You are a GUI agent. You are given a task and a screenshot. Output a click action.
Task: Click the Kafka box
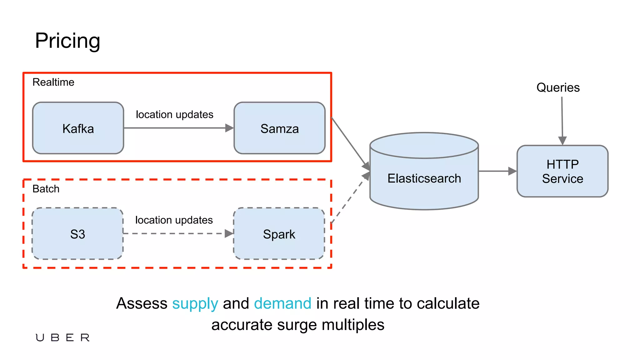tap(78, 128)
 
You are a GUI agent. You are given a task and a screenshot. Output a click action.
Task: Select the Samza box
tap(279, 128)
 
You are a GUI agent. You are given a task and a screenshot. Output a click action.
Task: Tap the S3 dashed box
tap(77, 234)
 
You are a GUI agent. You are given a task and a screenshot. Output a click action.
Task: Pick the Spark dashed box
tap(279, 234)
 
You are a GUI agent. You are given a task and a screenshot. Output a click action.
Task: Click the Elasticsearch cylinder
tap(424, 178)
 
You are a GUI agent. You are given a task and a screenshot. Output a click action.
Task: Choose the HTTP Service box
tap(562, 171)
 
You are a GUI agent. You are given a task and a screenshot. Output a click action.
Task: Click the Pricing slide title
tap(67, 41)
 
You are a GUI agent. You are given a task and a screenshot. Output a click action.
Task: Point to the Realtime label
tap(53, 82)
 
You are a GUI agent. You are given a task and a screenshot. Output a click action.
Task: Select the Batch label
tap(46, 189)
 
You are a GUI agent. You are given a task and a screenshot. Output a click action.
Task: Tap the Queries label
tap(558, 87)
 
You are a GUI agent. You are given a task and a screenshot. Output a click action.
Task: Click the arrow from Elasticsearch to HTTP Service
tap(497, 171)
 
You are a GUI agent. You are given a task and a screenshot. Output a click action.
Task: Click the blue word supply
tap(195, 303)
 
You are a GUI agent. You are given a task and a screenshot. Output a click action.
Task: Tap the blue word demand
tap(282, 303)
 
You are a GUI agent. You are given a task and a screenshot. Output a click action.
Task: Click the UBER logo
tap(62, 337)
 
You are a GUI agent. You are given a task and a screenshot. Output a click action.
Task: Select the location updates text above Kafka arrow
tap(174, 114)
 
